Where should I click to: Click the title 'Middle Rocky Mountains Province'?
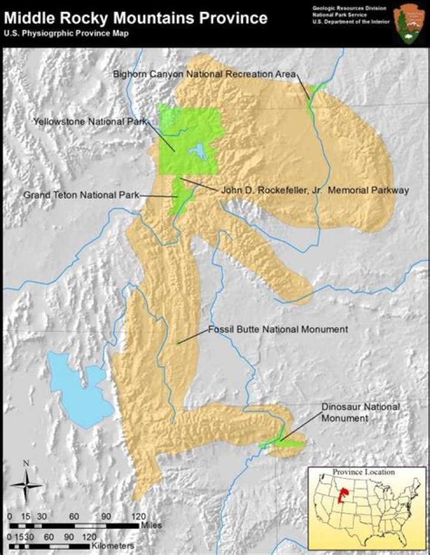[x=136, y=18]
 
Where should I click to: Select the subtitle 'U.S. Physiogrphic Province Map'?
[x=67, y=33]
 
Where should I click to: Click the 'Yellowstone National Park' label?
[x=90, y=121]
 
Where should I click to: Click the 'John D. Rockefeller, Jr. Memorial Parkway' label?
[x=315, y=190]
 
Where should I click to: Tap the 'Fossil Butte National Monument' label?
[x=278, y=329]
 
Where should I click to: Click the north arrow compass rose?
[x=25, y=485]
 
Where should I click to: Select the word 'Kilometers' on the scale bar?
[x=113, y=545]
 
